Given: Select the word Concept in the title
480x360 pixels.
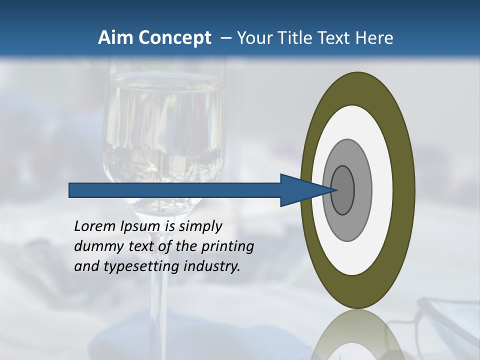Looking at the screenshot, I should tap(174, 38).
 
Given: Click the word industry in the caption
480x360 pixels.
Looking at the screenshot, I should tap(212, 266).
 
